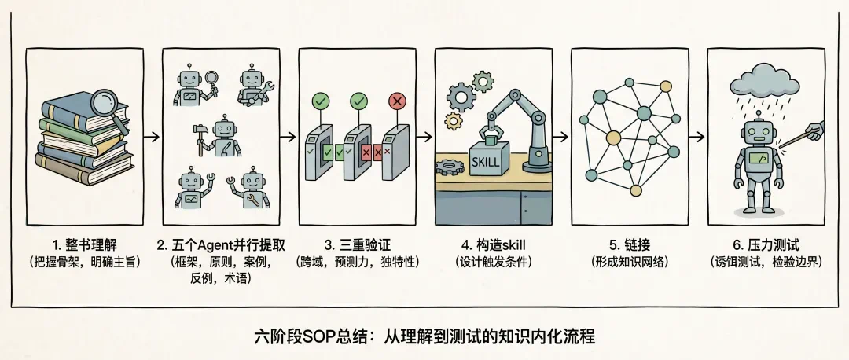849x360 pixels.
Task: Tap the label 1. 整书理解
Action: tap(84, 245)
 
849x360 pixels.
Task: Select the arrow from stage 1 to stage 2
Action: tap(153, 137)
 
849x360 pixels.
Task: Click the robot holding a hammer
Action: tap(219, 136)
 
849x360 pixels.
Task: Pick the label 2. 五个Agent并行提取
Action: tap(221, 245)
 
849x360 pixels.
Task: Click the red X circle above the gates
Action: tap(398, 101)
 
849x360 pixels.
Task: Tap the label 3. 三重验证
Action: tap(358, 245)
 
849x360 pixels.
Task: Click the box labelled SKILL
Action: tap(489, 159)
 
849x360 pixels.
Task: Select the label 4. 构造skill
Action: tap(493, 245)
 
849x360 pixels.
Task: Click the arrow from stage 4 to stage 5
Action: tap(561, 137)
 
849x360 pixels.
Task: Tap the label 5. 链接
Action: tap(630, 245)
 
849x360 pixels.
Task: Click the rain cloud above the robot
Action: tap(765, 80)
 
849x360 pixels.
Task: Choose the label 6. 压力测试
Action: tap(766, 245)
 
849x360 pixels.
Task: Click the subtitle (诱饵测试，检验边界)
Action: tap(766, 262)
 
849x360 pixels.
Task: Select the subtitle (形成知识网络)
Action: tap(630, 262)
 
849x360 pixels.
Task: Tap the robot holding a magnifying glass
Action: tap(194, 86)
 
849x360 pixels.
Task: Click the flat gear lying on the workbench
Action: tap(450, 167)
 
